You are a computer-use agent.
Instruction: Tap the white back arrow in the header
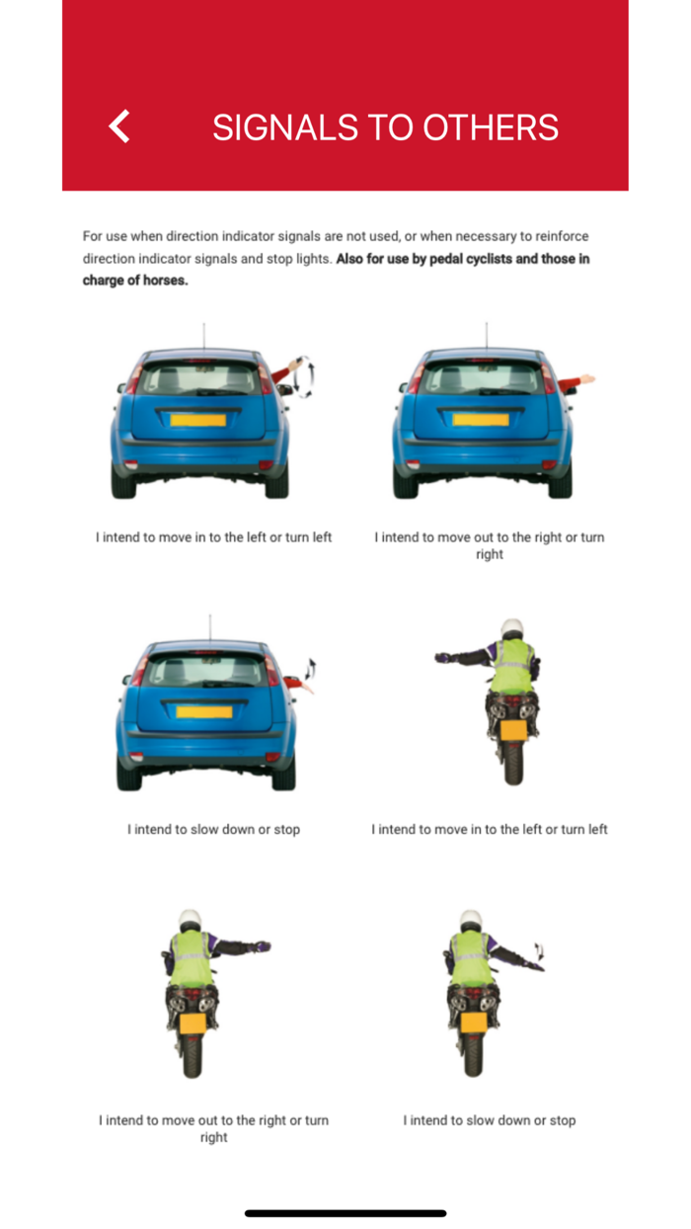pyautogui.click(x=119, y=126)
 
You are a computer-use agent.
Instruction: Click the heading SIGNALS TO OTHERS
pyautogui.click(x=385, y=127)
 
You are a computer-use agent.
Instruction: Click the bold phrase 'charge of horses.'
pyautogui.click(x=135, y=280)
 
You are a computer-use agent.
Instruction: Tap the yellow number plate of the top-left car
pyautogui.click(x=198, y=420)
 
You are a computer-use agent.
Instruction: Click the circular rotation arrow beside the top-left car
pyautogui.click(x=309, y=379)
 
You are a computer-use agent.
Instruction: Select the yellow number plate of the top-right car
pyautogui.click(x=480, y=420)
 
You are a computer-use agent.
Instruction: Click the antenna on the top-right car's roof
pyautogui.click(x=486, y=335)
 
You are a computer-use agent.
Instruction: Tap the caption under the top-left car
pyautogui.click(x=213, y=537)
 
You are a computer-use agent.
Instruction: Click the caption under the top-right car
pyautogui.click(x=489, y=545)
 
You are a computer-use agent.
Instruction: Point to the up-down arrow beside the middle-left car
pyautogui.click(x=311, y=669)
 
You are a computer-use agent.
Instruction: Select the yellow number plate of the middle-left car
pyautogui.click(x=204, y=711)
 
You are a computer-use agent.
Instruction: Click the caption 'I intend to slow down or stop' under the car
pyautogui.click(x=213, y=829)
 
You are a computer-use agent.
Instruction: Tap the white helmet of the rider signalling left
pyautogui.click(x=511, y=629)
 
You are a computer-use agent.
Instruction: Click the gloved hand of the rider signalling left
pyautogui.click(x=443, y=657)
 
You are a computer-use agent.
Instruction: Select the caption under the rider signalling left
pyautogui.click(x=489, y=829)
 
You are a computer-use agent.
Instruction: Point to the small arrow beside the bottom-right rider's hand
pyautogui.click(x=539, y=952)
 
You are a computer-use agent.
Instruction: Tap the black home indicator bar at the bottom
pyautogui.click(x=345, y=1212)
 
